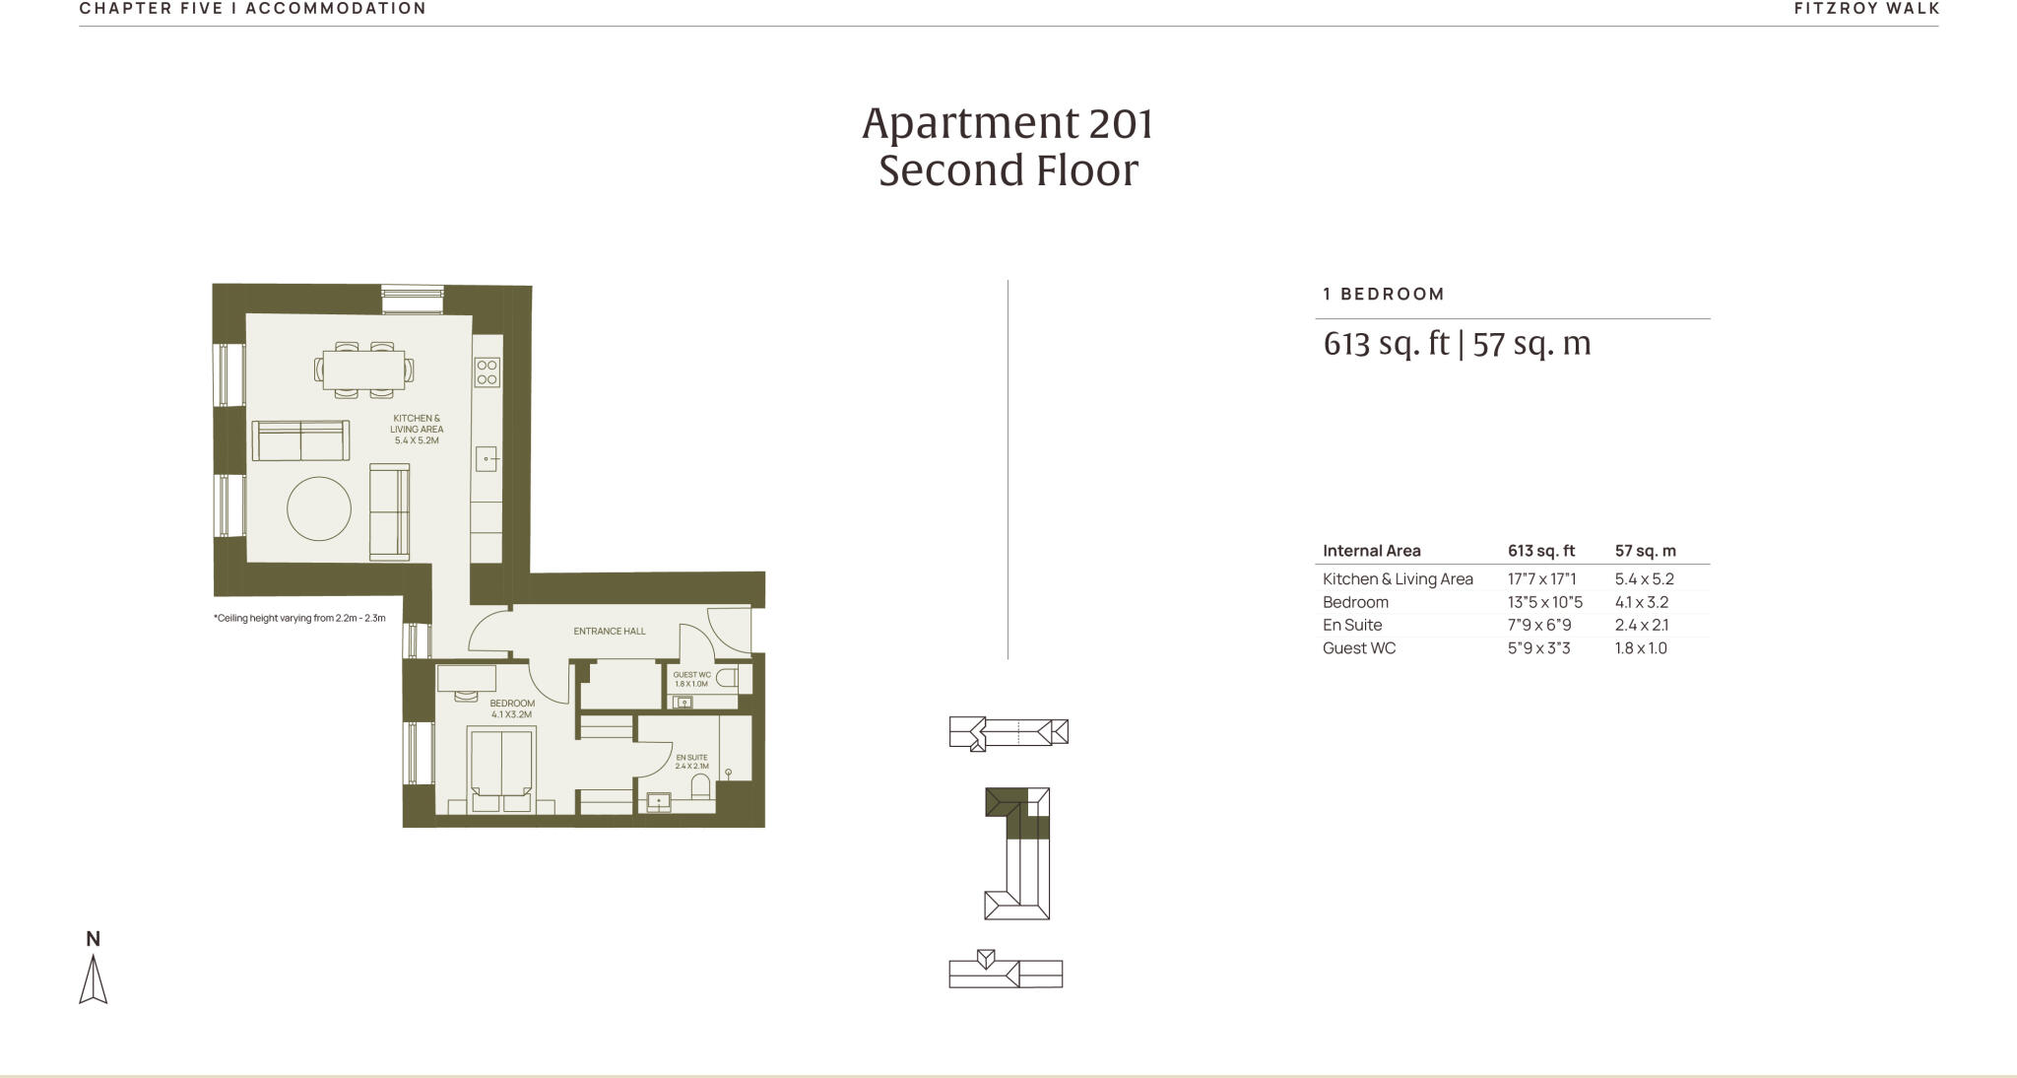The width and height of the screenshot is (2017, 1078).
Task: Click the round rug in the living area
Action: click(318, 508)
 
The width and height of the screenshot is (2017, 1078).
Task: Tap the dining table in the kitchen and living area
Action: click(363, 371)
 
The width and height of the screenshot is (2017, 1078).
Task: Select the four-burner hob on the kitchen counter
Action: click(487, 371)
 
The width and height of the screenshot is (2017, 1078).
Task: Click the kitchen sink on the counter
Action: click(487, 459)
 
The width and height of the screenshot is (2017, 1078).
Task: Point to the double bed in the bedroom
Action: click(502, 767)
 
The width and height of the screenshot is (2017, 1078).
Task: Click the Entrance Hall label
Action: click(610, 631)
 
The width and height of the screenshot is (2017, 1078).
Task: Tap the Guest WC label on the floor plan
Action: click(691, 679)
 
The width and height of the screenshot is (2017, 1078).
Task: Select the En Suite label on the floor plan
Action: click(691, 761)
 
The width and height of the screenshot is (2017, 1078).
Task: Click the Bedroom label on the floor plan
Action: click(512, 708)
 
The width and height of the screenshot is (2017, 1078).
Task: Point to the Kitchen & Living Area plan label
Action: click(417, 429)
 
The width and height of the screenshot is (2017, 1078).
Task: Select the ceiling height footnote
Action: click(299, 619)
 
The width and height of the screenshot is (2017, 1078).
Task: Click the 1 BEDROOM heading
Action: click(1384, 294)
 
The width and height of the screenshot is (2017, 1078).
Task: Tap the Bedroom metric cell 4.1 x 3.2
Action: click(1641, 602)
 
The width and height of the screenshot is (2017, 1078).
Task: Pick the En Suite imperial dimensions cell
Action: click(1539, 625)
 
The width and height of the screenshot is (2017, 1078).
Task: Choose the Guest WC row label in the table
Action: click(1358, 647)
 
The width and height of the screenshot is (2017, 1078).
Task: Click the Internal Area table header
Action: click(1371, 551)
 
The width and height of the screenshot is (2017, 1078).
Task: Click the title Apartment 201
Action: click(1008, 123)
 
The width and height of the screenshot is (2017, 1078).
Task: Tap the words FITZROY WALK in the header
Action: click(1866, 9)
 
